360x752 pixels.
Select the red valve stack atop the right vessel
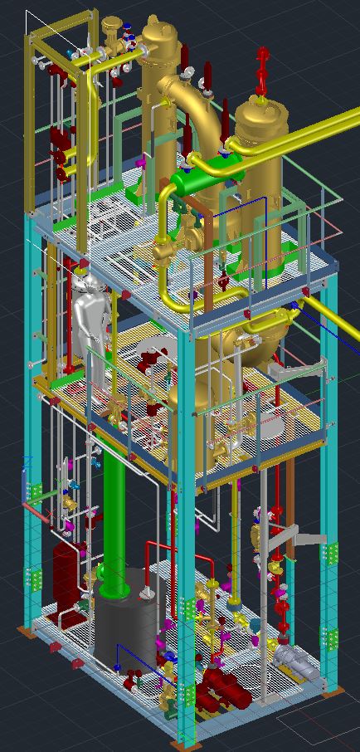click(x=264, y=70)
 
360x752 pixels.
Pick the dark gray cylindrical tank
click(x=124, y=623)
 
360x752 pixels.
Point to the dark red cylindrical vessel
click(x=63, y=573)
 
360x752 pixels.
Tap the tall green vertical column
click(x=114, y=506)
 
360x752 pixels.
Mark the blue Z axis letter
click(x=28, y=461)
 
